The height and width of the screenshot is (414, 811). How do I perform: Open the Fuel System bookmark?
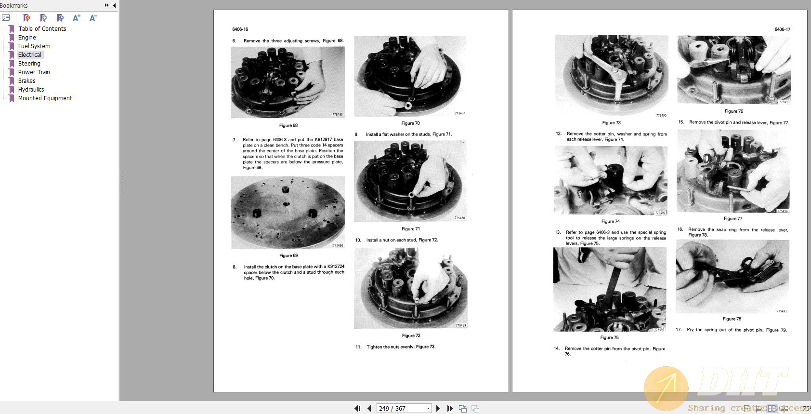click(x=34, y=46)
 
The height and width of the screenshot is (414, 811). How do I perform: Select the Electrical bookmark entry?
click(x=30, y=55)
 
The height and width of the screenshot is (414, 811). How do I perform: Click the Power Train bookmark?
click(x=34, y=72)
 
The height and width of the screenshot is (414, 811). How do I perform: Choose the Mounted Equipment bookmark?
click(x=45, y=98)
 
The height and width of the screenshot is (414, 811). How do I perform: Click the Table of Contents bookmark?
click(x=42, y=29)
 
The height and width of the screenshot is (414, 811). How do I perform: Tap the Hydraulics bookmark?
click(x=31, y=90)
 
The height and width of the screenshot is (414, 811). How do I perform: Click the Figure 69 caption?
click(x=288, y=255)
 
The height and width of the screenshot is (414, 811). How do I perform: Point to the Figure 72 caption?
click(x=411, y=335)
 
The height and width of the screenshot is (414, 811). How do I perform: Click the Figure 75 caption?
click(x=609, y=337)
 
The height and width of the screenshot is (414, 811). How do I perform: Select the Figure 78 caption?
click(x=732, y=319)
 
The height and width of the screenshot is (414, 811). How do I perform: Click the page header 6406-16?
click(x=240, y=29)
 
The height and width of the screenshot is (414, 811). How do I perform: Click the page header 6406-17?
click(x=782, y=29)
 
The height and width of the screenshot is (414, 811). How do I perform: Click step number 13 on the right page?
click(x=558, y=232)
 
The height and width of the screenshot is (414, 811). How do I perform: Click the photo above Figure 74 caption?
click(x=611, y=180)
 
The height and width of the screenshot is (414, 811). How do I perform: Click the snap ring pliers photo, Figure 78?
click(x=733, y=277)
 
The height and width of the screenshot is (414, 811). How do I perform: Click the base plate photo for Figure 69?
click(x=288, y=212)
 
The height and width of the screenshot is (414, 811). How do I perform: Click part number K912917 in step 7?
click(x=323, y=140)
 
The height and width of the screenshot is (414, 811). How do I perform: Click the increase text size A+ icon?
click(x=77, y=18)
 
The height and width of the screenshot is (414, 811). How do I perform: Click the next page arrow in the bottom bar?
click(x=438, y=408)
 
